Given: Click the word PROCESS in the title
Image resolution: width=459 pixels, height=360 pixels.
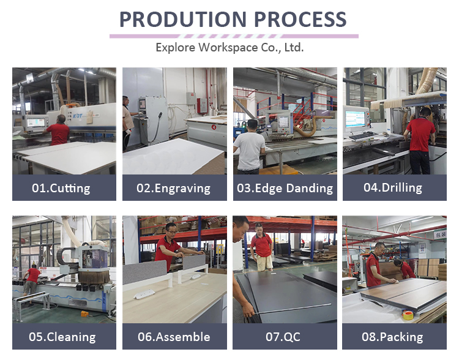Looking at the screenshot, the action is tap(300, 20).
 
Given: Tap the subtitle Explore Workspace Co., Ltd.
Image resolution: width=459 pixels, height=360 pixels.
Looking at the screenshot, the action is tap(229, 48).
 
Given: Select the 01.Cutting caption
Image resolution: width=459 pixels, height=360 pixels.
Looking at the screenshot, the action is tap(61, 188).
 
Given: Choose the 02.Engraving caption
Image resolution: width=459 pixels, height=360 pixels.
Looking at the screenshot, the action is tap(174, 188).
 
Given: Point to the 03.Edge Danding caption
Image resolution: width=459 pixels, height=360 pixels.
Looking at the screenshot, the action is tap(285, 188).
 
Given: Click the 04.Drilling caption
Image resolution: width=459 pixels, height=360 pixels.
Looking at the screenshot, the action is tap(393, 187).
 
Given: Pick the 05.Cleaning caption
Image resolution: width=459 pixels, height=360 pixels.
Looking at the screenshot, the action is tap(62, 337).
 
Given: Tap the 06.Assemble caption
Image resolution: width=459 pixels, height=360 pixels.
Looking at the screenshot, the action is tap(174, 337).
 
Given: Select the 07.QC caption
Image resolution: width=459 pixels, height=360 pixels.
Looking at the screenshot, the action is tap(283, 337).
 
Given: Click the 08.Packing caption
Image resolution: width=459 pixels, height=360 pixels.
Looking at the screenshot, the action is tap(392, 337).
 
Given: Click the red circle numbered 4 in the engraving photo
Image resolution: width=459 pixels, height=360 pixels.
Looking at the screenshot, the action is tap(214, 127).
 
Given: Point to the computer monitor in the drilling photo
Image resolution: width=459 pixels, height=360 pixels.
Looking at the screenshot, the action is tap(355, 119).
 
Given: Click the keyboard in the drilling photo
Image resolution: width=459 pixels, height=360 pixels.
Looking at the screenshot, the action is tap(363, 136).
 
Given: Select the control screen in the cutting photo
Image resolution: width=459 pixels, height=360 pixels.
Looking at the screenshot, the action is tap(35, 122).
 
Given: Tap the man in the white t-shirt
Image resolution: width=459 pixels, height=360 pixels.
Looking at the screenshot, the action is tap(249, 146).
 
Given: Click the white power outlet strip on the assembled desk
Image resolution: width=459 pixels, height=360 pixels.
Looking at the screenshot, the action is tap(144, 294).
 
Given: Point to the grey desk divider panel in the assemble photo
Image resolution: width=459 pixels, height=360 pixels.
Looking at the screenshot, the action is tap(145, 272).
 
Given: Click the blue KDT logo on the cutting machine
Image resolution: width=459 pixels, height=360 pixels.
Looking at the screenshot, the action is tap(78, 116).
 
